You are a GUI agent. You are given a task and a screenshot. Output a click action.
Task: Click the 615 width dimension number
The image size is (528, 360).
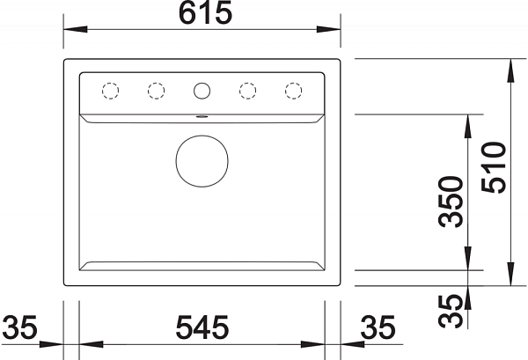(205, 12)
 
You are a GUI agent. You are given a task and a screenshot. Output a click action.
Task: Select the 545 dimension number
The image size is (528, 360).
(202, 327)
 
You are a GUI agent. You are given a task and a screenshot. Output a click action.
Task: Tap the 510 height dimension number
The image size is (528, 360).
(494, 167)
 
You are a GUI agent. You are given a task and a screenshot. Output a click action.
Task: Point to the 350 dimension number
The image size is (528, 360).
(451, 202)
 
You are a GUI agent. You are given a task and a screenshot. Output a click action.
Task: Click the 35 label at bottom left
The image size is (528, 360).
(19, 327)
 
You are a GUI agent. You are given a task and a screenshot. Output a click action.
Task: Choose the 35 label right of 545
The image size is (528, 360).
(378, 327)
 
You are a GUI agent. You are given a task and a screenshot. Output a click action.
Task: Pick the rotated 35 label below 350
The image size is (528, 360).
(451, 311)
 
